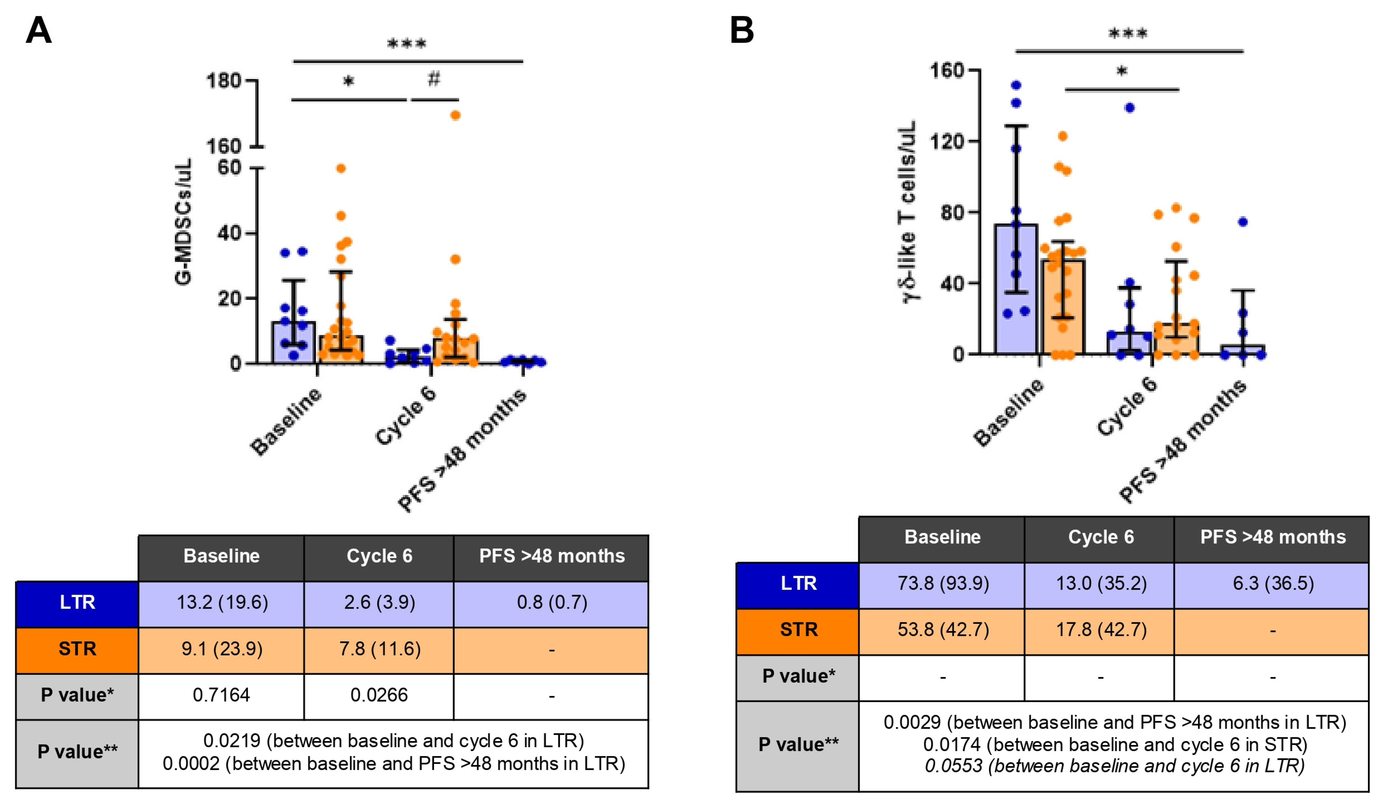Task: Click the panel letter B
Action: pos(742,30)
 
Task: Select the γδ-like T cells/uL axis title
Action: pos(908,211)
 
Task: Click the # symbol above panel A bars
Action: pos(433,80)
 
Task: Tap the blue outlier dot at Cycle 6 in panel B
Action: pos(1129,108)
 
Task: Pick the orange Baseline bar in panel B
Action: pos(1062,306)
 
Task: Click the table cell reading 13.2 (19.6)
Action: pos(222,602)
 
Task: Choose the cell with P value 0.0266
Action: pos(379,695)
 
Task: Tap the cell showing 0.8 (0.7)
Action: pos(552,602)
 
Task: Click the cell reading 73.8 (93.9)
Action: pos(943,583)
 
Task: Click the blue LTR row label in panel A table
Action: pos(77,602)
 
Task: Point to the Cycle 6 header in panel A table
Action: pos(379,556)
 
